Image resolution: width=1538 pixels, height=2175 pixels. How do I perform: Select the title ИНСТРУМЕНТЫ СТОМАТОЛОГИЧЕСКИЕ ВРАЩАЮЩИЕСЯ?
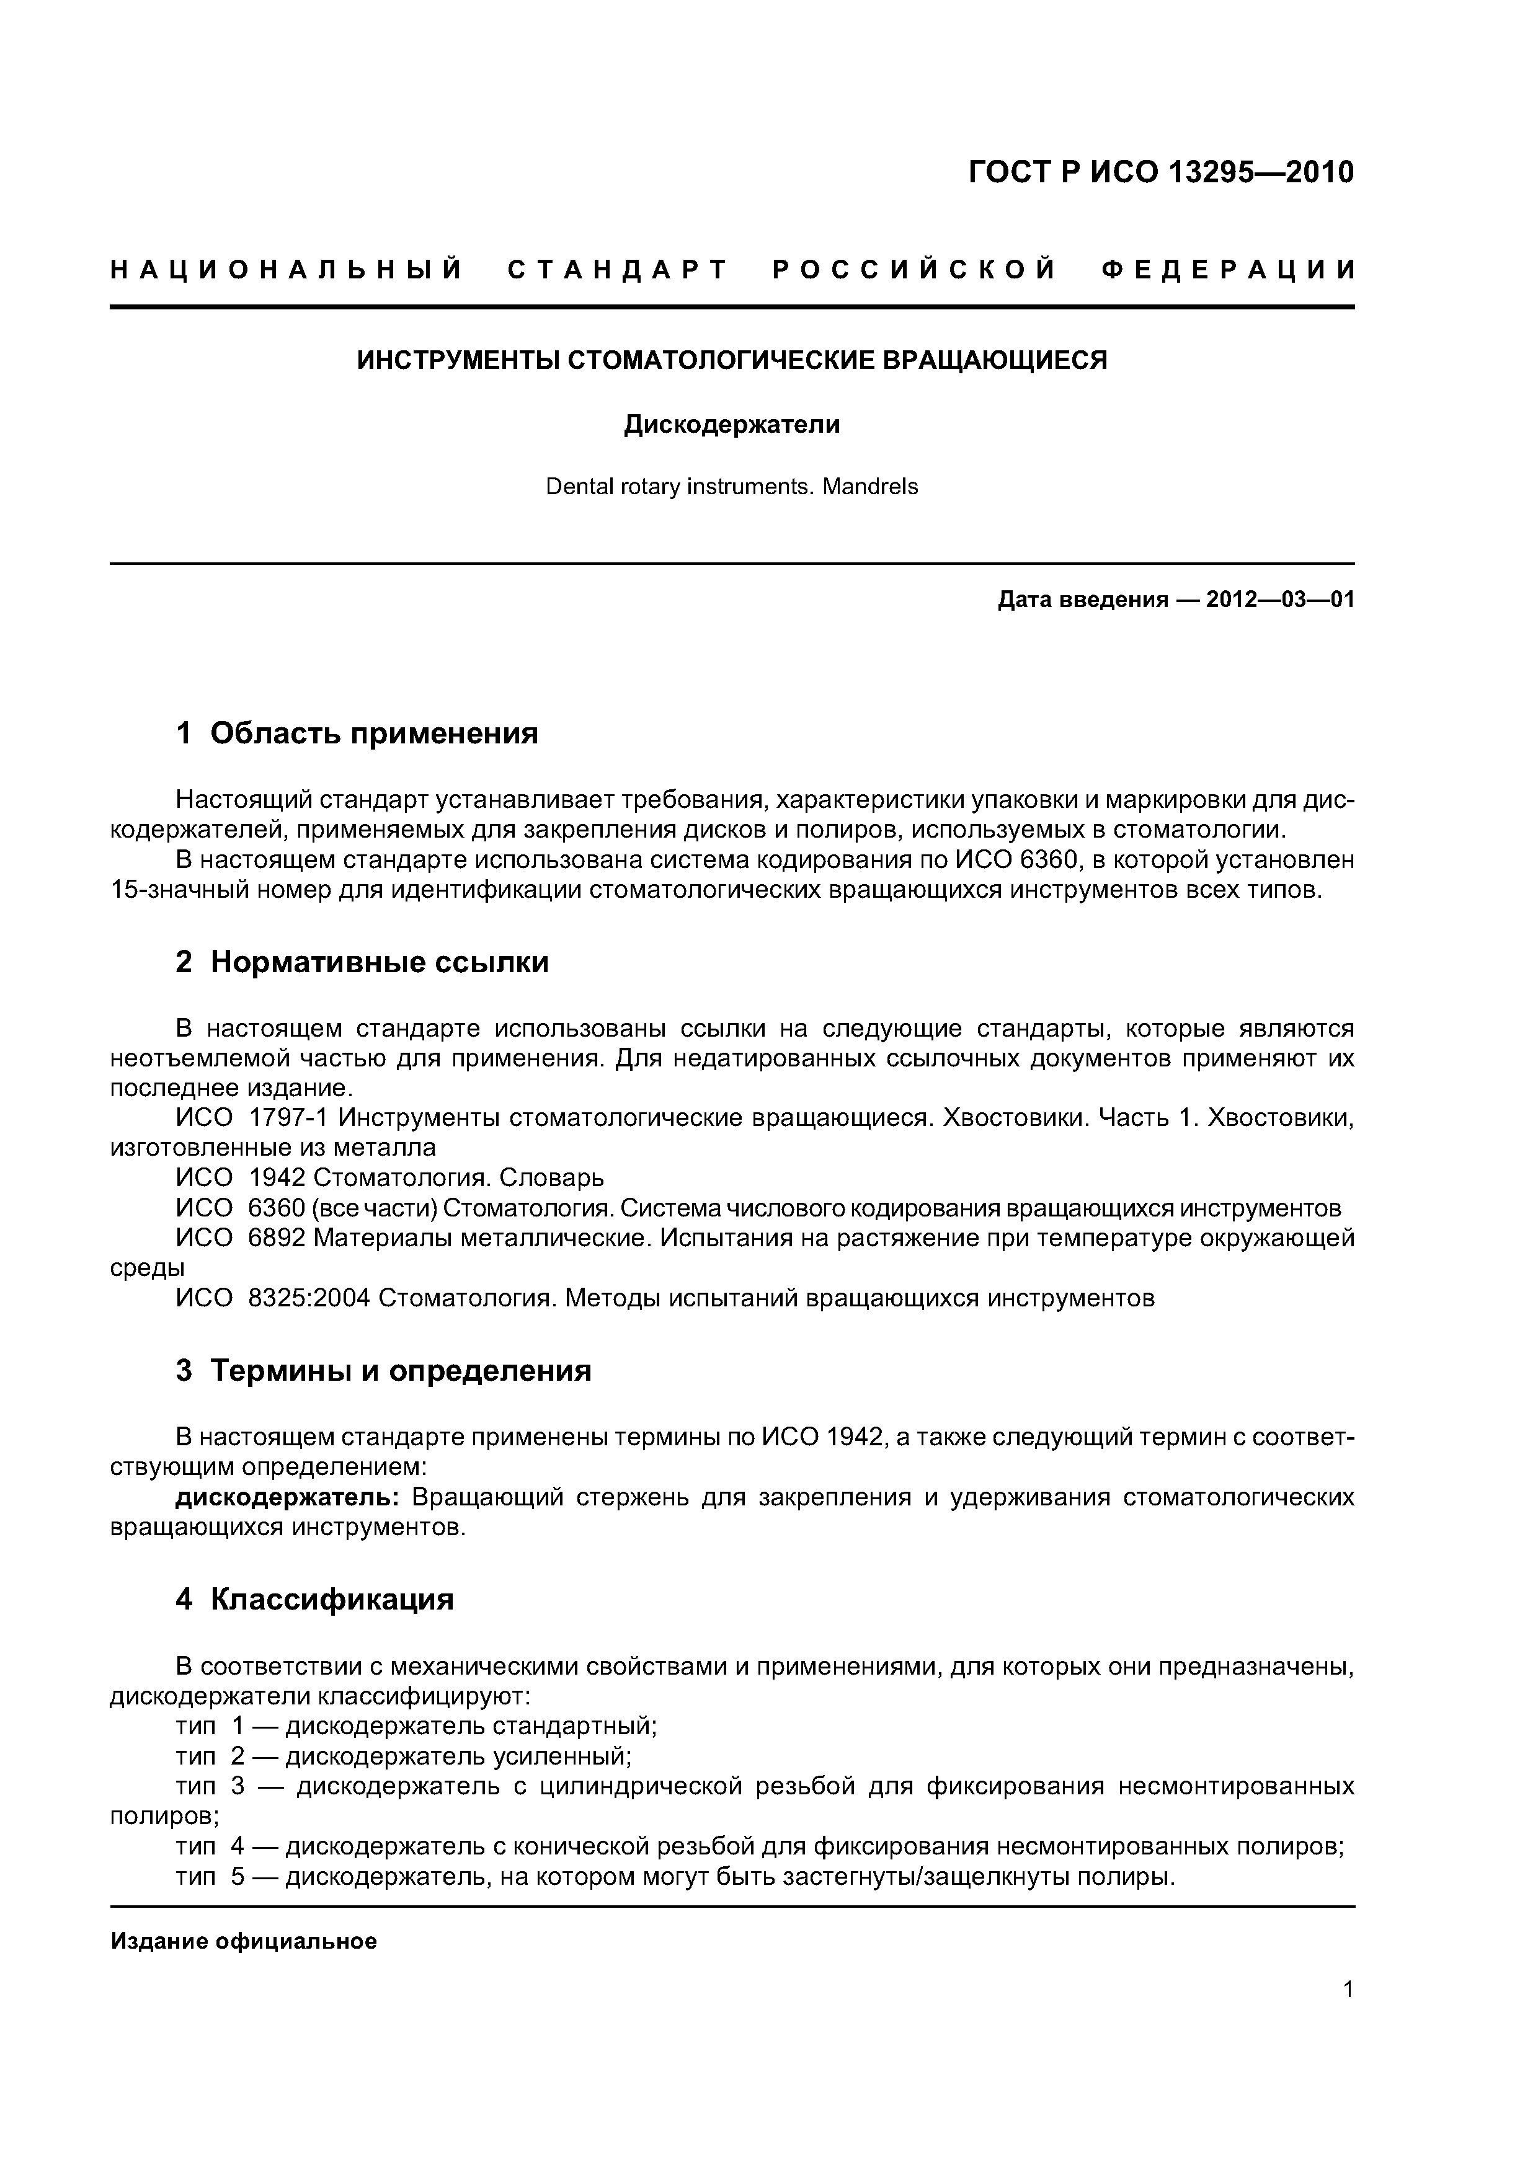click(732, 361)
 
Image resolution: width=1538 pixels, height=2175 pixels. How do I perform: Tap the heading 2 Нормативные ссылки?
click(362, 962)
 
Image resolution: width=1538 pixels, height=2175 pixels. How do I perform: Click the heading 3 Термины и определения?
click(384, 1371)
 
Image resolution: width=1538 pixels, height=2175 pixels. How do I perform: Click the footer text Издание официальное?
click(244, 1942)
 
